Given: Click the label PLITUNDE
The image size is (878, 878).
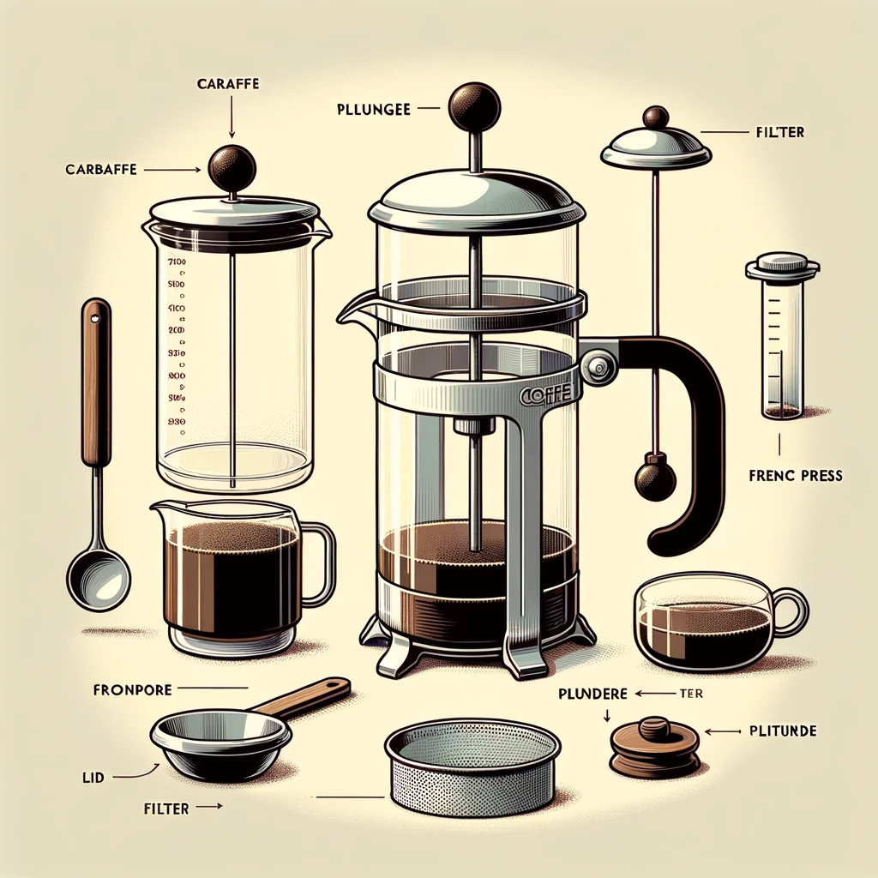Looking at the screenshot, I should (x=782, y=731).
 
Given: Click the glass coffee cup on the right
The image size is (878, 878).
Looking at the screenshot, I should (x=708, y=620).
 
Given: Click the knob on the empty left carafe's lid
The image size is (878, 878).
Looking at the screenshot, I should (x=232, y=166).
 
